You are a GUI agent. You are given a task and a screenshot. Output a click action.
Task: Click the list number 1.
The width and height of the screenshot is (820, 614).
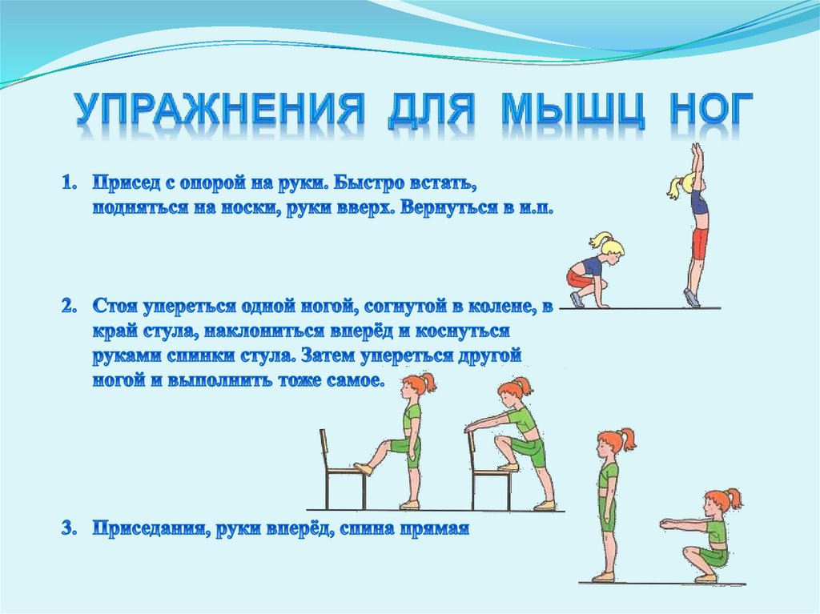pos(67,183)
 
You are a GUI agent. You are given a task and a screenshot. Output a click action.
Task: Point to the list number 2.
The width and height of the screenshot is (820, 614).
pos(67,306)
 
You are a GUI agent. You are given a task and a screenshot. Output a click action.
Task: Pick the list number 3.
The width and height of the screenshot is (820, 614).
pos(67,529)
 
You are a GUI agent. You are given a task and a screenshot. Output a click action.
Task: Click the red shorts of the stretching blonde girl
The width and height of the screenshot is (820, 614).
pos(700,243)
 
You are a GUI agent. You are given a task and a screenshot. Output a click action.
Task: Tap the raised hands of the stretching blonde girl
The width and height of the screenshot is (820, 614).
pos(697,150)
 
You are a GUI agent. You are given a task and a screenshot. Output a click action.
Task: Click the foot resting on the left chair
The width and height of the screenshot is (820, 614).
pos(363,468)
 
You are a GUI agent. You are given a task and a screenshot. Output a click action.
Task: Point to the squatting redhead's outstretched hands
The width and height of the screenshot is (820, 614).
pos(665,524)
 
